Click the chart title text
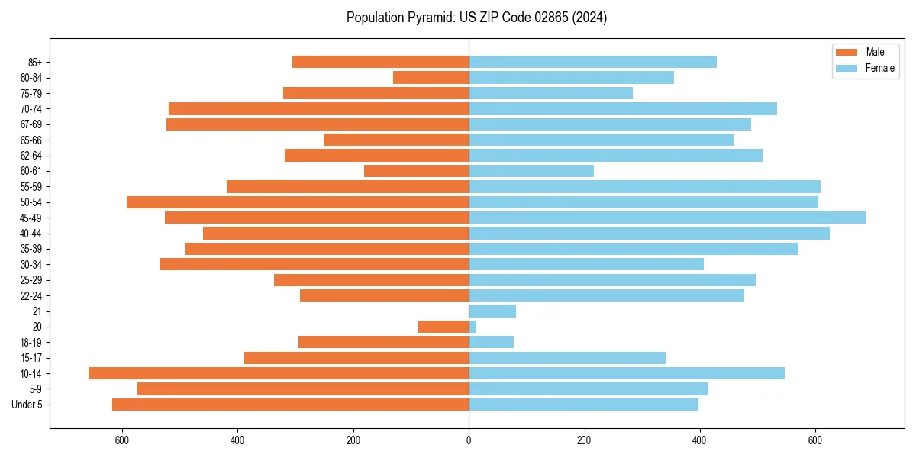476,18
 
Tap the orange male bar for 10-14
279,373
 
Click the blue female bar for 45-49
667,218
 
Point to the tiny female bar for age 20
473,327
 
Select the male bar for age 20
443,327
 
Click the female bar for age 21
492,311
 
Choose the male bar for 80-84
431,77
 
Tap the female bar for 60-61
531,171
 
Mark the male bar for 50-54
298,202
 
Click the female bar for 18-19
491,342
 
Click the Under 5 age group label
27,405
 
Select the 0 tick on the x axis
469,440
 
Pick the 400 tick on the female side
700,440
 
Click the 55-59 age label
31,186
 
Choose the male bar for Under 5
290,405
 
